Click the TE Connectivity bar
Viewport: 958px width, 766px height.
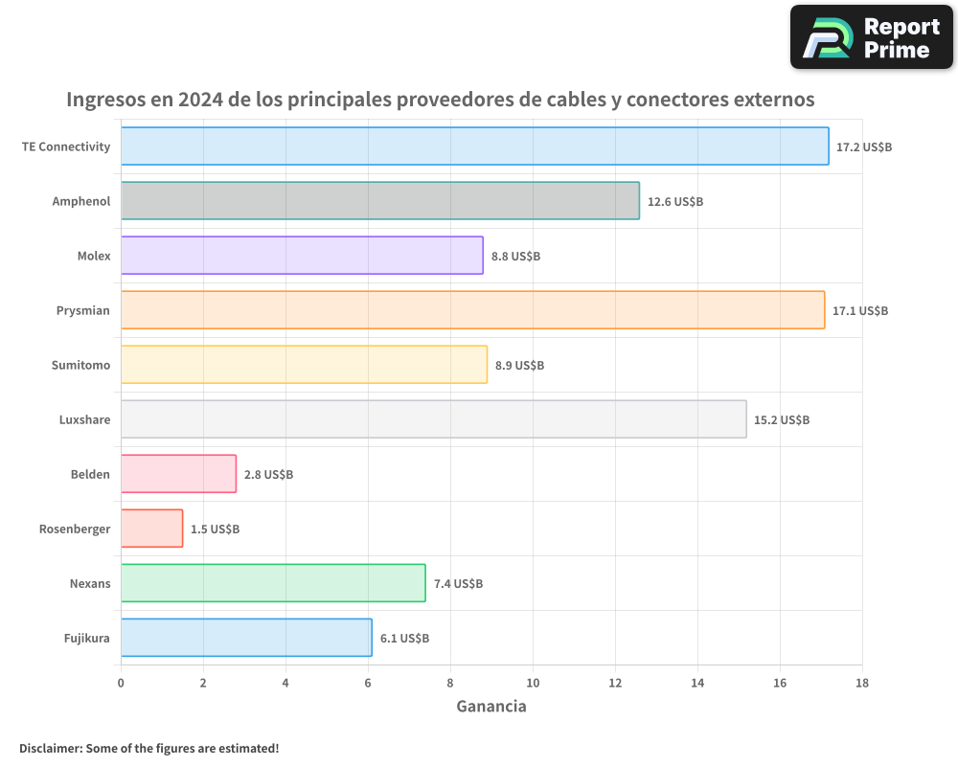[x=474, y=146]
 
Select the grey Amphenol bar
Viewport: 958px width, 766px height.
[x=379, y=201]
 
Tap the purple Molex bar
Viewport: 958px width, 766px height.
[x=302, y=256]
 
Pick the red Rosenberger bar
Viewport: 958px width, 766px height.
[x=151, y=529]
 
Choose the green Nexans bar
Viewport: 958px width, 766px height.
[x=273, y=583]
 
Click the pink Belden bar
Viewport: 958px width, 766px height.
[x=178, y=474]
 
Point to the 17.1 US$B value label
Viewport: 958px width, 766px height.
[x=860, y=311]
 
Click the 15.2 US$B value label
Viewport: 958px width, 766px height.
[x=782, y=420]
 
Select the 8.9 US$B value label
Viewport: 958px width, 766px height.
[x=519, y=366]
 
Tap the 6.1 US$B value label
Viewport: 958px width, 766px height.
[x=404, y=639]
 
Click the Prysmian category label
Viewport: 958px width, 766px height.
[x=83, y=311]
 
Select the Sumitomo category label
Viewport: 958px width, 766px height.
[x=80, y=366]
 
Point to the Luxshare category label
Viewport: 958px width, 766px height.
[x=84, y=420]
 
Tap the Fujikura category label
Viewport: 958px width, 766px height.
[x=86, y=639]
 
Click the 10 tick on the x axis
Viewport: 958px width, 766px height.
[x=533, y=683]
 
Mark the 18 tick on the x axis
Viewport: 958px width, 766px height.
[x=862, y=683]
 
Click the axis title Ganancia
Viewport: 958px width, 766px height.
[x=491, y=707]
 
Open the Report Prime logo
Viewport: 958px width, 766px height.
[x=872, y=37]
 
